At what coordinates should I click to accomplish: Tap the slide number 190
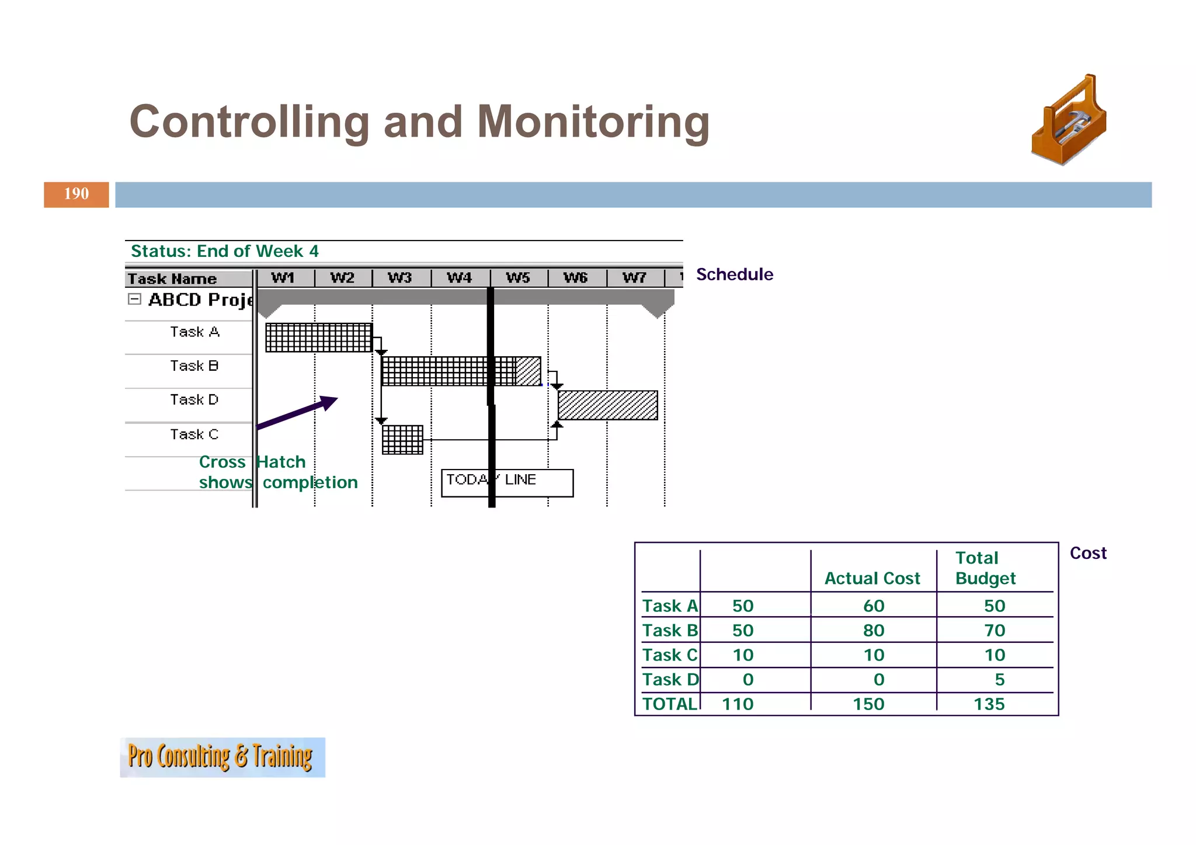[x=77, y=194]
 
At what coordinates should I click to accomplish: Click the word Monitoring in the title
[x=593, y=121]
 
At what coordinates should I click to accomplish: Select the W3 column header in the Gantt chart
[x=400, y=277]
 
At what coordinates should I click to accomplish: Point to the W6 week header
[x=576, y=277]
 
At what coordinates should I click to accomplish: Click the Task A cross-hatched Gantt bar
[x=319, y=338]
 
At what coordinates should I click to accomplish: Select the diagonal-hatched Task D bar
[x=607, y=405]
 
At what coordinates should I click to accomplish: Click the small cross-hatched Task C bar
[x=402, y=440]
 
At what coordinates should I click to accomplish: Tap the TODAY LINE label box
[x=507, y=482]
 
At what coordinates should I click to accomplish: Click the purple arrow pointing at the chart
[x=298, y=412]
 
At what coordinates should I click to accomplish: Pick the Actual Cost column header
[x=872, y=578]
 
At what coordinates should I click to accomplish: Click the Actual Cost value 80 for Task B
[x=874, y=630]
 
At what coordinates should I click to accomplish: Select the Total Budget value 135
[x=989, y=704]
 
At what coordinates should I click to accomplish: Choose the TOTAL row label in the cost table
[x=670, y=704]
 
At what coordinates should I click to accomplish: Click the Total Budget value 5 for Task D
[x=999, y=679]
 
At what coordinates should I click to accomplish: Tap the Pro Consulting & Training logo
[x=222, y=757]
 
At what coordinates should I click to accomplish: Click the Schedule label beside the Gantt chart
[x=734, y=274]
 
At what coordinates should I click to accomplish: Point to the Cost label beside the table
[x=1087, y=553]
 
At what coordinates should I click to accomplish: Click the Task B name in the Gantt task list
[x=194, y=366]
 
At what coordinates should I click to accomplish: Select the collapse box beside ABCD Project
[x=134, y=299]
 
